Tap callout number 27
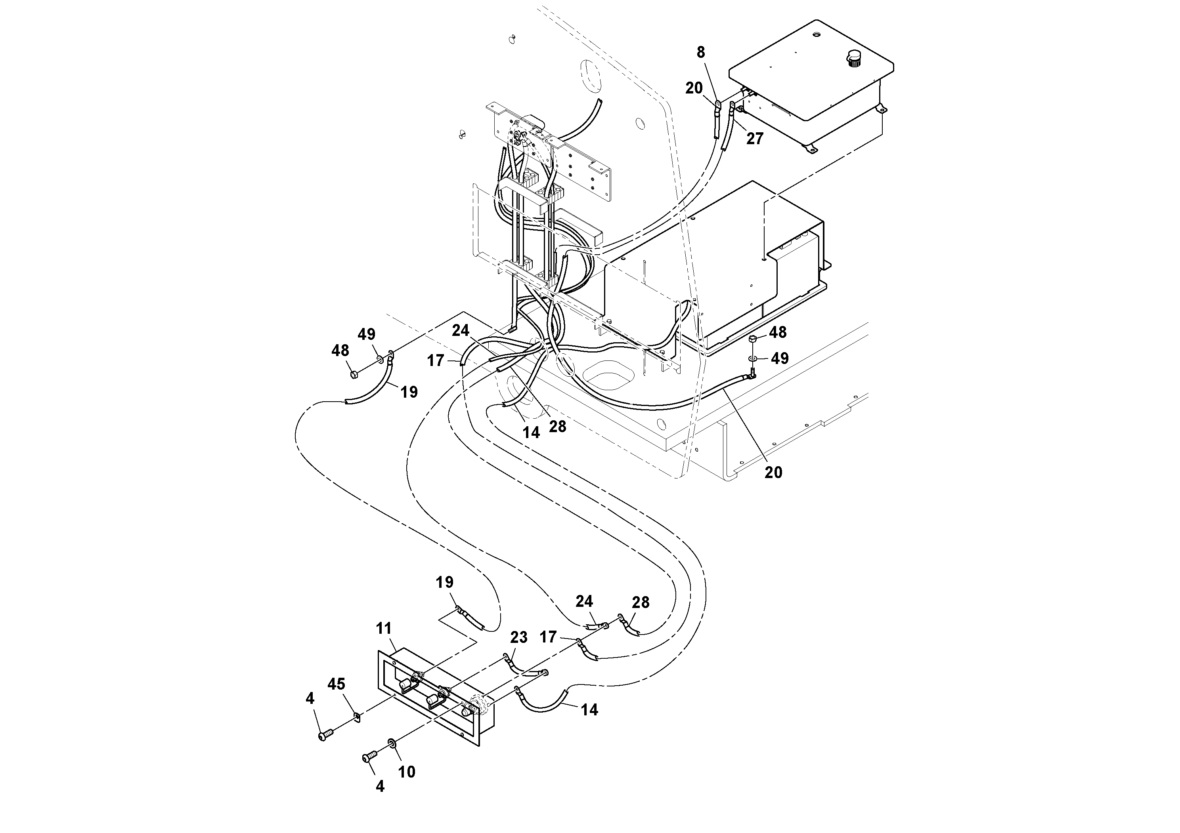pyautogui.click(x=754, y=139)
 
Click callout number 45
pyautogui.click(x=337, y=684)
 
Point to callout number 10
pyautogui.click(x=407, y=772)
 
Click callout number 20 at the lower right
pyautogui.click(x=773, y=473)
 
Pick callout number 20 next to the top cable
pyautogui.click(x=694, y=88)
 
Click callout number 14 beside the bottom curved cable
pyautogui.click(x=589, y=710)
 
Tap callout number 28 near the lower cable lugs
pyautogui.click(x=641, y=602)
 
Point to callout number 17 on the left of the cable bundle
pyautogui.click(x=435, y=360)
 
